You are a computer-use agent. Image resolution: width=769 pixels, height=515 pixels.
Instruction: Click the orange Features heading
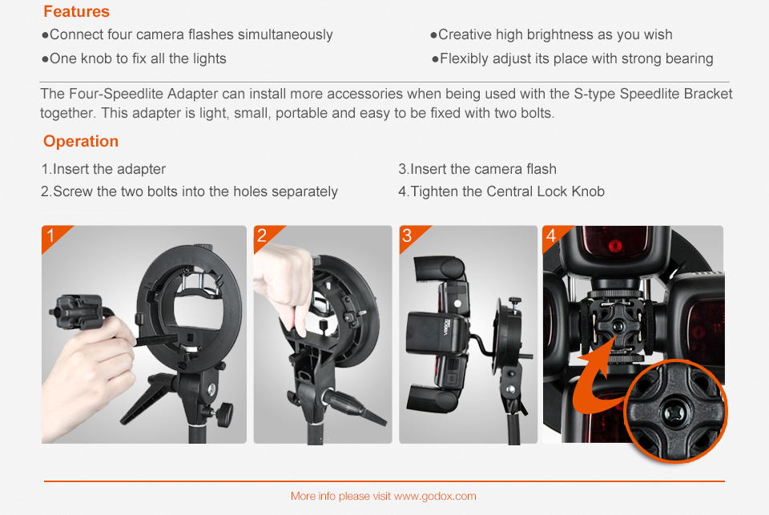(x=77, y=11)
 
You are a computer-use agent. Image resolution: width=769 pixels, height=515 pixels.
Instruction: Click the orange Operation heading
(x=81, y=141)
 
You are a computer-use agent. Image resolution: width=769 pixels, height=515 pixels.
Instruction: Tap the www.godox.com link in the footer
(x=435, y=497)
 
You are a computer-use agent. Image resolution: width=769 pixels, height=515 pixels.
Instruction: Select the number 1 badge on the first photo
(x=50, y=235)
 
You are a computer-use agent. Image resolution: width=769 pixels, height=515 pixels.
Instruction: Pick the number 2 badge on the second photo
(x=262, y=235)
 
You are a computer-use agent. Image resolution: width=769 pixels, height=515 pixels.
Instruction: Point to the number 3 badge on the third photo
(x=407, y=235)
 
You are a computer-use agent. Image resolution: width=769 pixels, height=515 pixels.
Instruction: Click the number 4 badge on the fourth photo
(x=551, y=235)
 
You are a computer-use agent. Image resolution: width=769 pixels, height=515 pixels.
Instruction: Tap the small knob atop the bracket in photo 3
(x=514, y=300)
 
